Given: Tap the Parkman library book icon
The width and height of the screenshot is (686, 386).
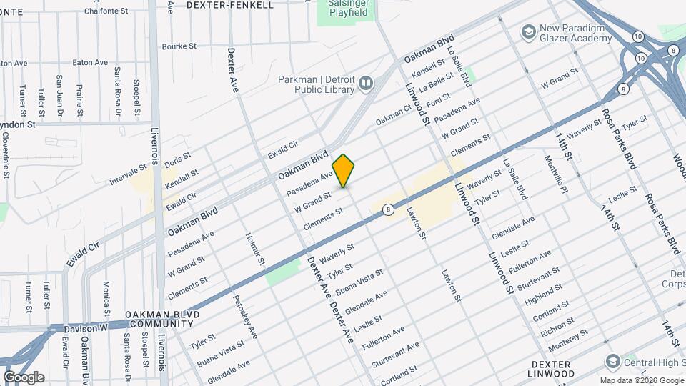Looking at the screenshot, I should pos(367,84).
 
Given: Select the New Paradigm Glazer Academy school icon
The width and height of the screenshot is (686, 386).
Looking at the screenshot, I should pos(528,31).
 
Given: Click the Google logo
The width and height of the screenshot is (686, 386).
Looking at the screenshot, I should pos(24,377).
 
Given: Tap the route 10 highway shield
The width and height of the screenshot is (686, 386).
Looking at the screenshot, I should pos(637,35).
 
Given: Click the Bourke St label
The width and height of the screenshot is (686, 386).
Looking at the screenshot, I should pos(179,46).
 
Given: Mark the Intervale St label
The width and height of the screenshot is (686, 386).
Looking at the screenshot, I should pos(129,175).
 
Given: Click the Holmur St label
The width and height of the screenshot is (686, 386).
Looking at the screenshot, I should pos(255,249).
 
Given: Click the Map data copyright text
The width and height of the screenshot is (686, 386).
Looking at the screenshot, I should pos(641,380).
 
